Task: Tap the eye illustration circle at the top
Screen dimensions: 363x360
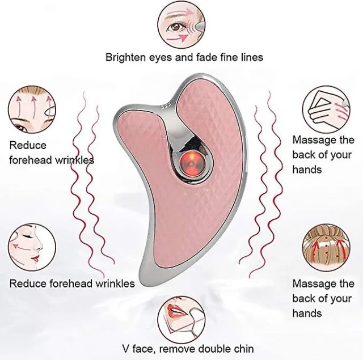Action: coord(181,25)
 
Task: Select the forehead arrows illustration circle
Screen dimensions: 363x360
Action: coord(32,109)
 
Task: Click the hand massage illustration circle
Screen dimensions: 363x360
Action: coord(326,109)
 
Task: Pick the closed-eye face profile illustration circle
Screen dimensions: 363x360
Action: coord(32,247)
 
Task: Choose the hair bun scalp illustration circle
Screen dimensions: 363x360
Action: coord(326,247)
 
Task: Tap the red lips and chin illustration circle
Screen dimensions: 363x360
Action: coord(181,320)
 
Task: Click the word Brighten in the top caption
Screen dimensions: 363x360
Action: coord(125,57)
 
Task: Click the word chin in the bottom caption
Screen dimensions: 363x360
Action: coord(243,349)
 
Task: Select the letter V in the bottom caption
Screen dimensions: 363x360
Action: coord(126,349)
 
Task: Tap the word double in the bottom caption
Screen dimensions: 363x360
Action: coord(214,349)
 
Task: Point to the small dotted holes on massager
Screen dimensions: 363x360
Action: coord(165,107)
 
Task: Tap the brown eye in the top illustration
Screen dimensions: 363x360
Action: coord(175,28)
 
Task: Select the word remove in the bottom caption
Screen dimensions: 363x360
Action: coord(178,349)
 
